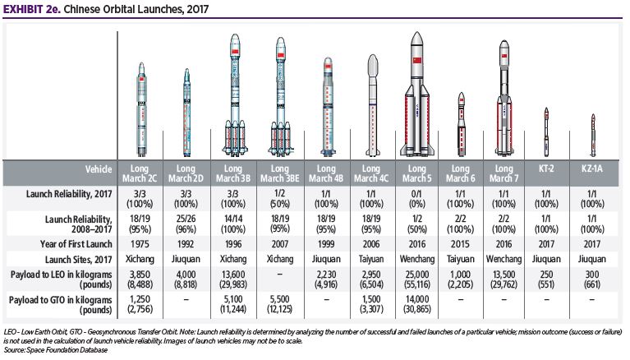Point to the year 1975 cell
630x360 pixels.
tap(140, 242)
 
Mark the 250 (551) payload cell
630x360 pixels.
tap(545, 277)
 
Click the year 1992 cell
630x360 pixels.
tap(187, 242)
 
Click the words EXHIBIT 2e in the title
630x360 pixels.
tap(31, 10)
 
